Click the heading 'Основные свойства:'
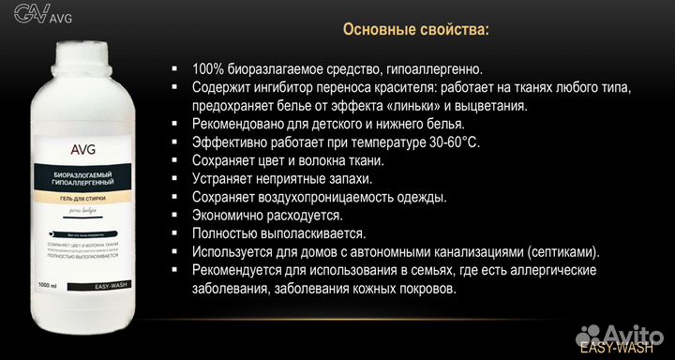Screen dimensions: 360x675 tap(415, 30)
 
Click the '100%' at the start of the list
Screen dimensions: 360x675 tap(208, 69)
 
